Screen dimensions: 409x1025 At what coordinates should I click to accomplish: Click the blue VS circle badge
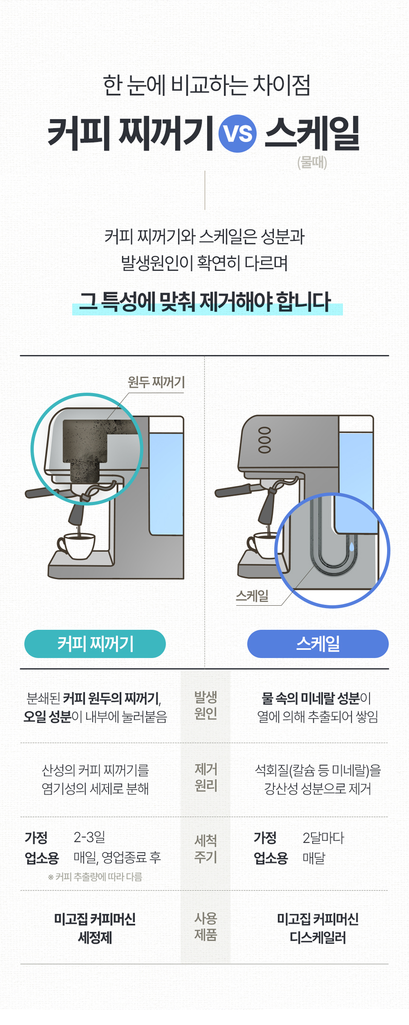[x=237, y=134]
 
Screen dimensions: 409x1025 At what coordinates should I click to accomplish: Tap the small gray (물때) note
[x=312, y=163]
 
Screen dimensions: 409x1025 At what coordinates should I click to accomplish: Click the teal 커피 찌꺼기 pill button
[x=95, y=644]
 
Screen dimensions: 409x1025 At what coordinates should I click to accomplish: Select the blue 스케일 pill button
[x=318, y=644]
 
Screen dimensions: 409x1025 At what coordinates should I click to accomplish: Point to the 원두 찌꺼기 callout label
[x=156, y=382]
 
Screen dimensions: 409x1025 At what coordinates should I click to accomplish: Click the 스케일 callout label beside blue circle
[x=252, y=596]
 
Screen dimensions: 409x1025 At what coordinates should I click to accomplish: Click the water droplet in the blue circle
[x=352, y=546]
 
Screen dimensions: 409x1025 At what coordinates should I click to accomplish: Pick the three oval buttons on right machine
[x=264, y=440]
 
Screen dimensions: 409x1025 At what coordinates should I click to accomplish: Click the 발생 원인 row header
[x=205, y=706]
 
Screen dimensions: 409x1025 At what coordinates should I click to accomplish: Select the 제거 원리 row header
[x=205, y=778]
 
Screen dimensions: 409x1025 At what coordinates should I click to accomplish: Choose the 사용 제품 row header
[x=205, y=927]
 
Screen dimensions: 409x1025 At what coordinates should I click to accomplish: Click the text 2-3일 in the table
[x=89, y=837]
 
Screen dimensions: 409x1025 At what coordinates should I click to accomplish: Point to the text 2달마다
[x=323, y=838]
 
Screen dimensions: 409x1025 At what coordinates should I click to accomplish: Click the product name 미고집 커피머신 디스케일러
[x=318, y=928]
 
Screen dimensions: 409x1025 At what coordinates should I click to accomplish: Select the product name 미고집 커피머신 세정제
[x=95, y=928]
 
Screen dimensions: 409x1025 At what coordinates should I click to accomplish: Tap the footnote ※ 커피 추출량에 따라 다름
[x=95, y=877]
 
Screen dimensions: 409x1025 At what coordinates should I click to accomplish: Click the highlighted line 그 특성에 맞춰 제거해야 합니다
[x=205, y=302]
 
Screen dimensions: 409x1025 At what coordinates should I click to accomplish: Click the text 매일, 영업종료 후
[x=117, y=858]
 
